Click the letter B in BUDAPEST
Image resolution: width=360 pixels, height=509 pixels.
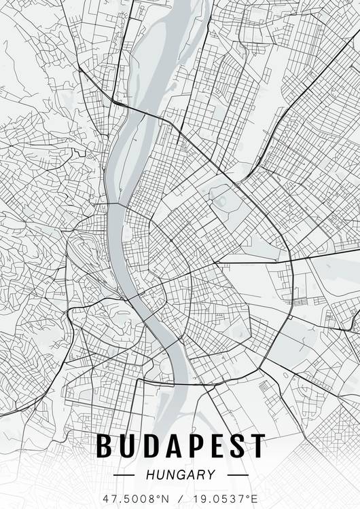105,446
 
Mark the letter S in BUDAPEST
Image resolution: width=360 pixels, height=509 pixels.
235,446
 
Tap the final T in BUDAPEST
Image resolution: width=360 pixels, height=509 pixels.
256,446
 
